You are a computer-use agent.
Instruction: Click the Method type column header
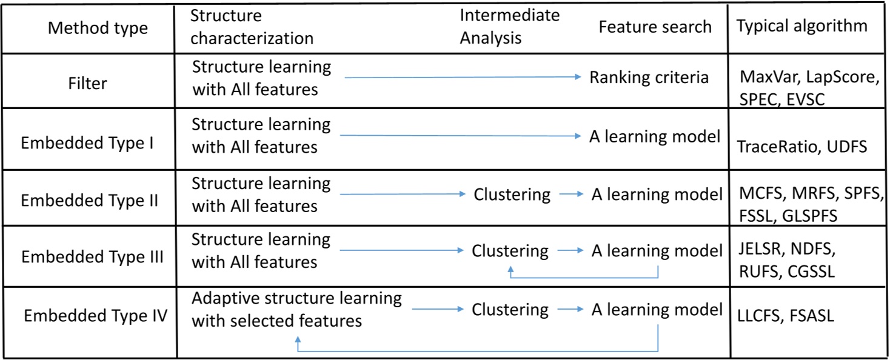(x=98, y=28)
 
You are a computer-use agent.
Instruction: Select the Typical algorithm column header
(x=801, y=25)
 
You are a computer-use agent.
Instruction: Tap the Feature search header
(x=655, y=27)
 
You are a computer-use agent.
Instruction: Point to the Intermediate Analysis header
(x=509, y=27)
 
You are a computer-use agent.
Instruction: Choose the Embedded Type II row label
(x=90, y=200)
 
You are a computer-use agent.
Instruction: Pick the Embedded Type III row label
(x=92, y=256)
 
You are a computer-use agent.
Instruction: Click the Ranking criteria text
(x=649, y=78)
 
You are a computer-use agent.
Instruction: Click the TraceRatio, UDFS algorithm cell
(x=802, y=147)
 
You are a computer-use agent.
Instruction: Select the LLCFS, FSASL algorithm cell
(x=786, y=316)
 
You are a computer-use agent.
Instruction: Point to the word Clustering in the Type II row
(x=512, y=195)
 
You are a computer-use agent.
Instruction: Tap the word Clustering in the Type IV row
(x=510, y=309)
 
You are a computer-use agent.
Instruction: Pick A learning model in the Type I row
(x=655, y=136)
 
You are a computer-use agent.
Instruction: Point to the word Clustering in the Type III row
(x=510, y=250)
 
